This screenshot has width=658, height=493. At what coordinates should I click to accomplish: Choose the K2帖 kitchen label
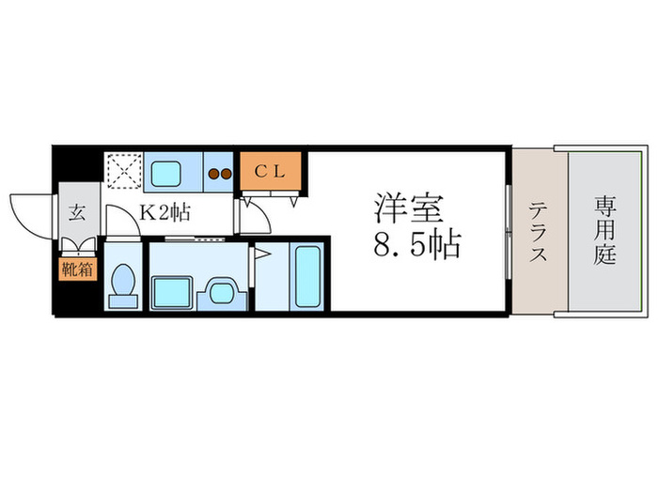pos(164,212)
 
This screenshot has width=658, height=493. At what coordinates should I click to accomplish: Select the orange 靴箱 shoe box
pos(75,270)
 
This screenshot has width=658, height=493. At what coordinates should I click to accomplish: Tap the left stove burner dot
pos(214,173)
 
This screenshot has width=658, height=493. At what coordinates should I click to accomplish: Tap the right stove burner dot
pos(227,173)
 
